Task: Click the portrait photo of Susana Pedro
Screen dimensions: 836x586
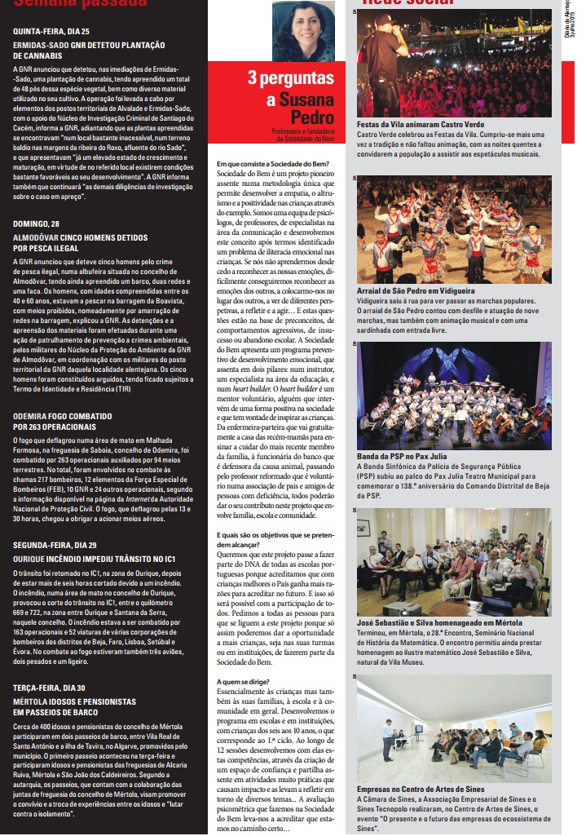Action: tap(303, 31)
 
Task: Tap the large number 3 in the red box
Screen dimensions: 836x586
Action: tap(253, 79)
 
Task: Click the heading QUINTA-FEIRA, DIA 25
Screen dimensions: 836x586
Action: tap(51, 31)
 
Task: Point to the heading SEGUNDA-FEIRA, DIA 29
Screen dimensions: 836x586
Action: tap(55, 544)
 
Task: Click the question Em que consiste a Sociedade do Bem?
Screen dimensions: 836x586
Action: tap(272, 163)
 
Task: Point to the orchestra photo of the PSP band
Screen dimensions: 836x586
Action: tap(454, 396)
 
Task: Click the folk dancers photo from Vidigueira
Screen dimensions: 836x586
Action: tap(454, 230)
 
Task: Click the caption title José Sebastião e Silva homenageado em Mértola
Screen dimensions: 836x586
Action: tap(445, 622)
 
